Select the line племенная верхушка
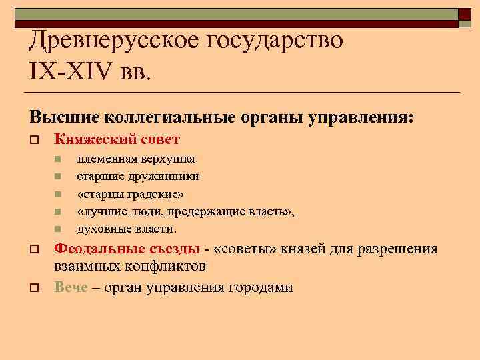point(136,159)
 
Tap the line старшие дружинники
point(137,176)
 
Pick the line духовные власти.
point(127,229)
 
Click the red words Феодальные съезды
point(127,249)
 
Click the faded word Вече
point(71,287)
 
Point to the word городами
point(261,287)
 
